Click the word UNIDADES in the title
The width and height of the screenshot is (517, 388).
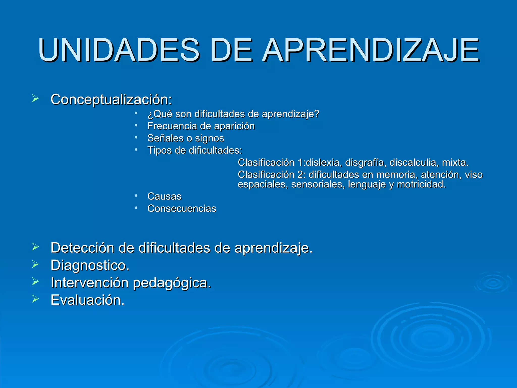tap(119, 50)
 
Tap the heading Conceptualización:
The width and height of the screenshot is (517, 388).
tap(111, 99)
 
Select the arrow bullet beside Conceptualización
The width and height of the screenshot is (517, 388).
tap(35, 98)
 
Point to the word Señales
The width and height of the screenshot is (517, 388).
tap(165, 138)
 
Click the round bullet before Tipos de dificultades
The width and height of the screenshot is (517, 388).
tap(136, 150)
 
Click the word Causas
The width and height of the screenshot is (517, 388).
tap(164, 197)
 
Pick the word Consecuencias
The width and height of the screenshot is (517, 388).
tap(182, 209)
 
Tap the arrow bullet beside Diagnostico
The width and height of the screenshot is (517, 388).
tap(35, 264)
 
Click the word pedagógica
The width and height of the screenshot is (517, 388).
tap(172, 283)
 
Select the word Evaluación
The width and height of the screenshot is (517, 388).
tap(87, 300)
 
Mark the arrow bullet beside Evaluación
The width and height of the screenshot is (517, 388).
tap(35, 299)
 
